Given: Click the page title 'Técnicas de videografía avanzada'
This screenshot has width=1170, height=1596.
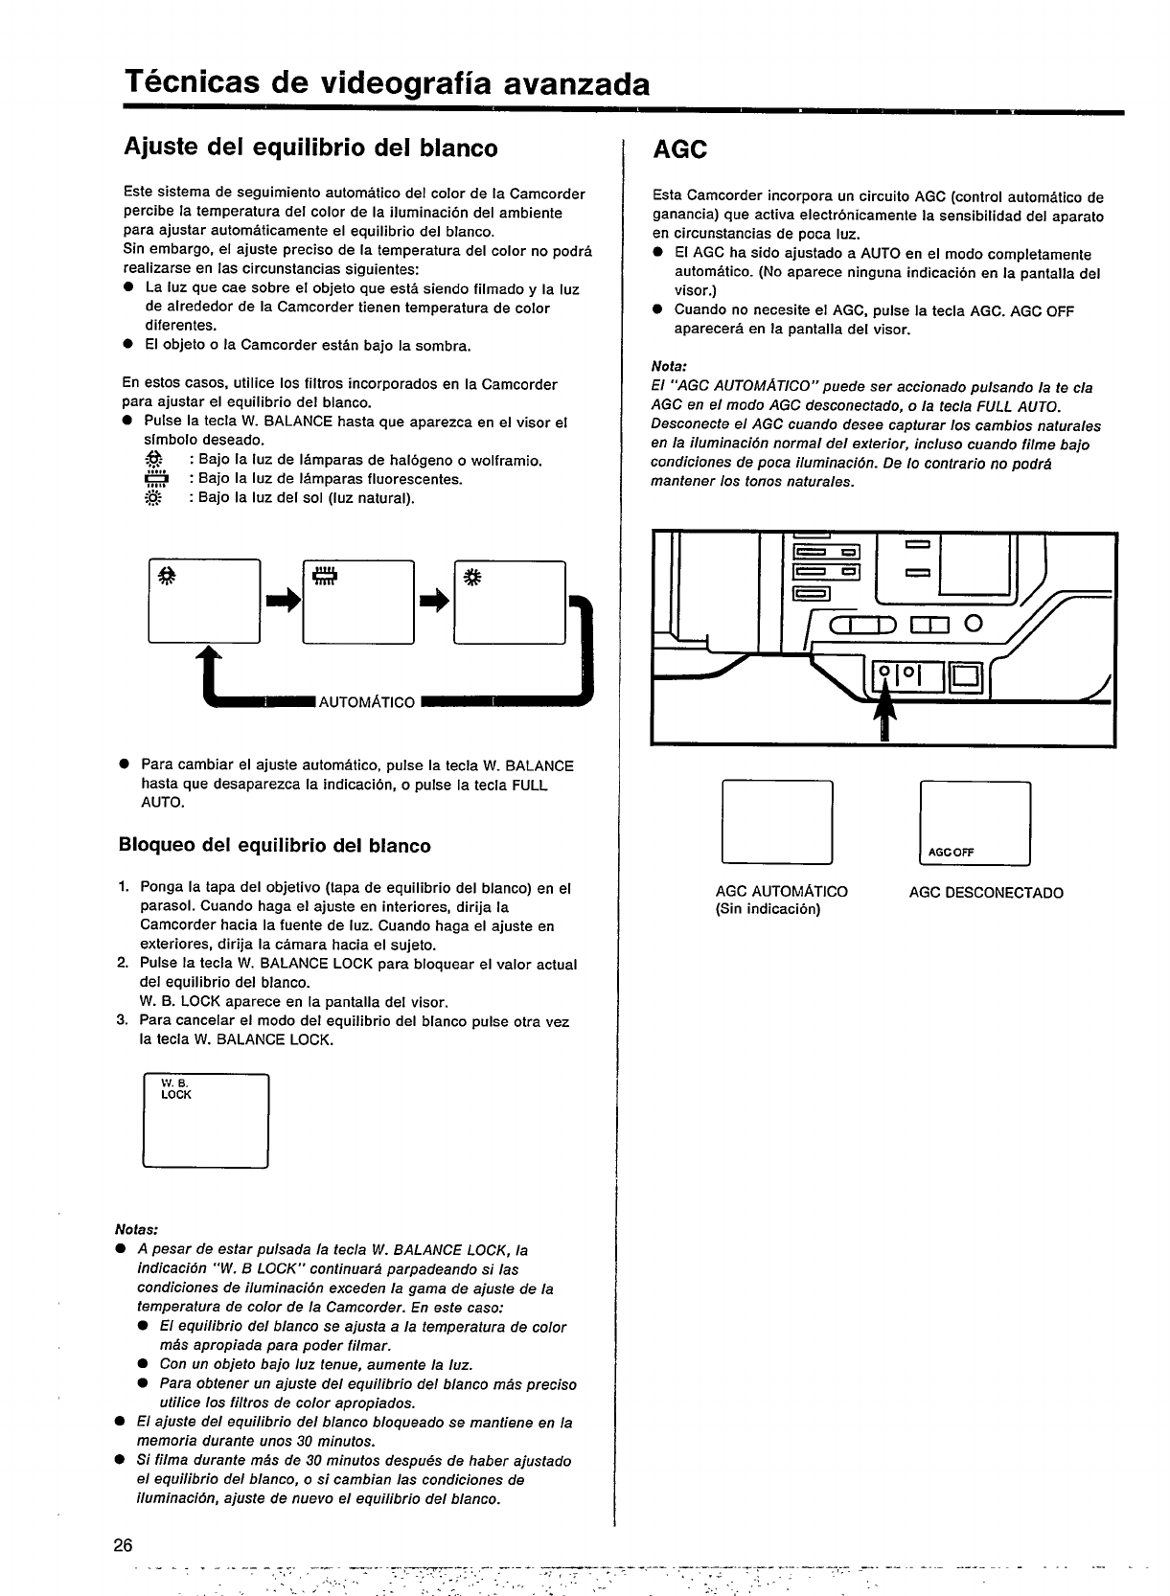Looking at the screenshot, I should tap(386, 84).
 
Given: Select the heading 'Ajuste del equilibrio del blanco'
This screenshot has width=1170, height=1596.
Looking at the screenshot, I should tap(311, 148).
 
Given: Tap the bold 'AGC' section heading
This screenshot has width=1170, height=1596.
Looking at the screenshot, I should tap(679, 150).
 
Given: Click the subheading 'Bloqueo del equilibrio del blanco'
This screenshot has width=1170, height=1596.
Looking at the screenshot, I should tap(275, 846).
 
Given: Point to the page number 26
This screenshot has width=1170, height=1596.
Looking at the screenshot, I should tap(123, 1545).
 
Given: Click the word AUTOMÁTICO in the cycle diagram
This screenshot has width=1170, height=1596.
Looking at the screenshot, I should tap(366, 702).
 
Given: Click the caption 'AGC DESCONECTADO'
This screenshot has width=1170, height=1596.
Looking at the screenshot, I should tap(986, 893).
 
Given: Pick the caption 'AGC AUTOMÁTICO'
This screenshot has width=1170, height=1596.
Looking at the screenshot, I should tap(781, 892).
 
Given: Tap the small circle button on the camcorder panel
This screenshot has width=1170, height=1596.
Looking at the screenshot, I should tap(975, 626).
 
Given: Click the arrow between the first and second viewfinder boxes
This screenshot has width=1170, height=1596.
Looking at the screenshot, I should tap(284, 600).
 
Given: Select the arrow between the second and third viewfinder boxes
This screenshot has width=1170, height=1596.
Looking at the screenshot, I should tap(436, 600).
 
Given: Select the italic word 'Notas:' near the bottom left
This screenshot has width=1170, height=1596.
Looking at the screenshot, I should tap(135, 1229).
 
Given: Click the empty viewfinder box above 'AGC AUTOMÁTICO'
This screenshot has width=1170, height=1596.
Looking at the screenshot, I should tap(776, 822).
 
